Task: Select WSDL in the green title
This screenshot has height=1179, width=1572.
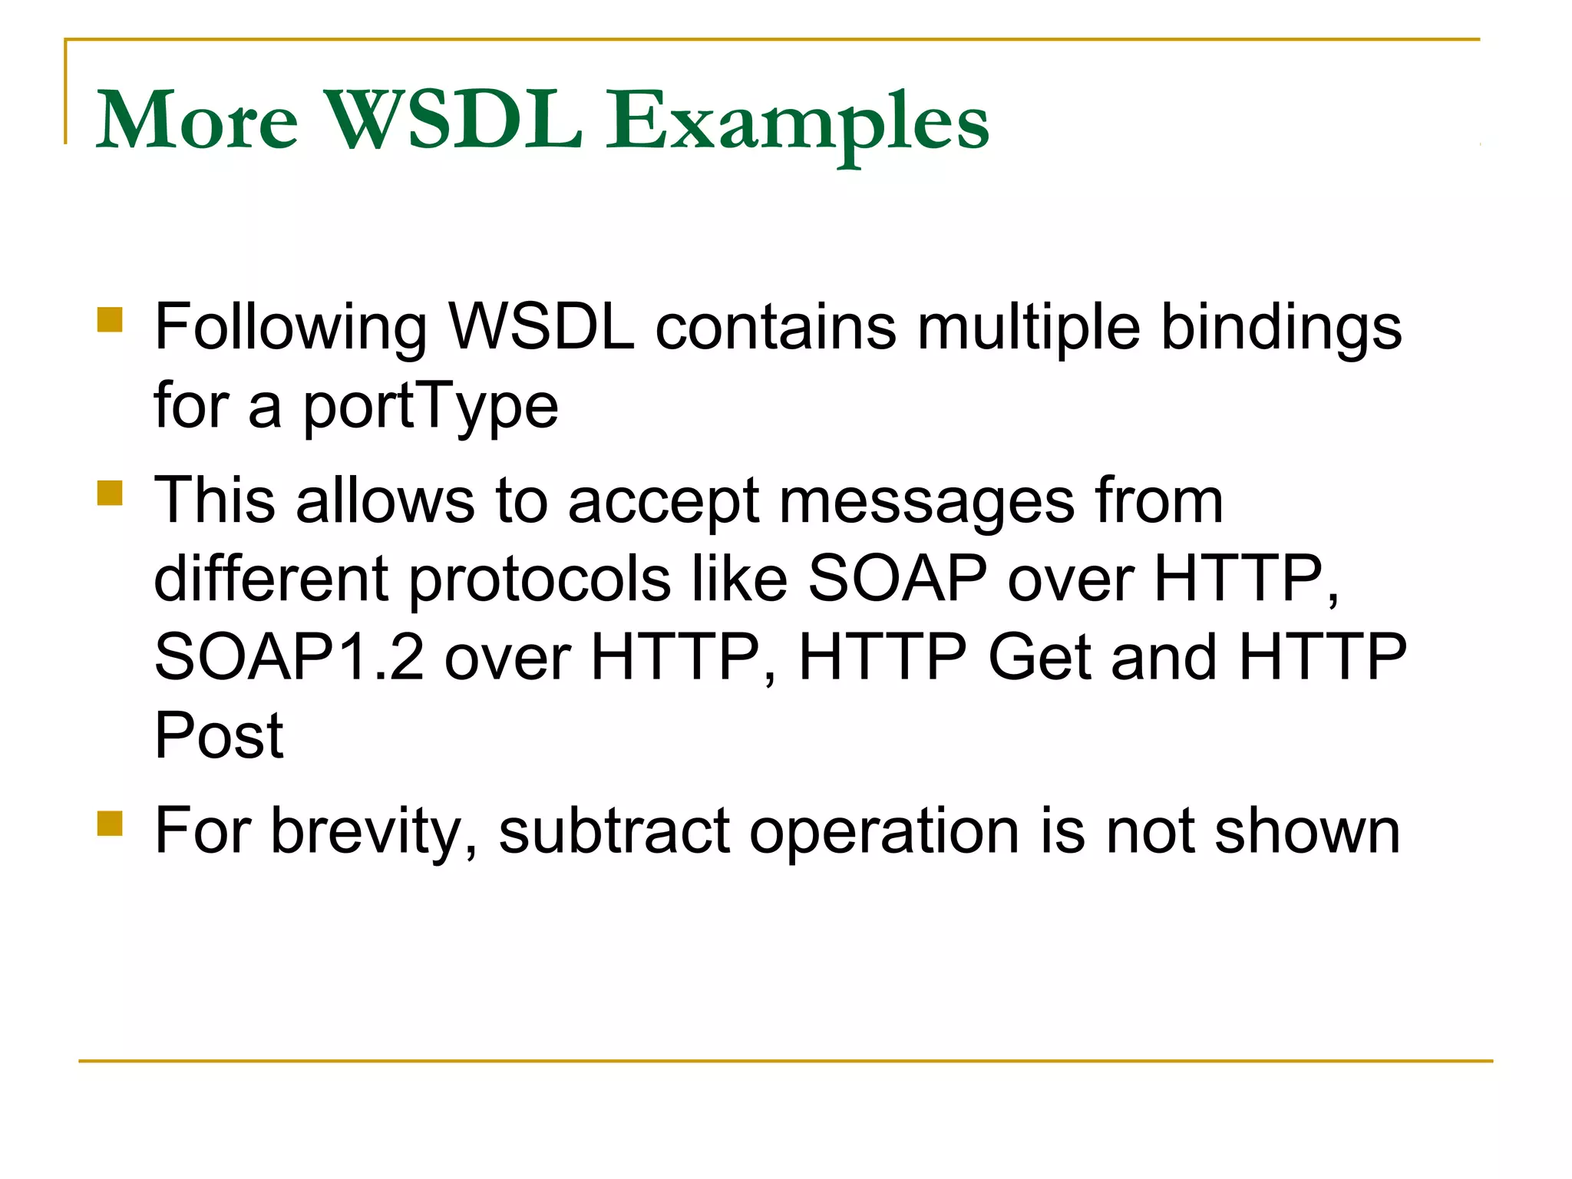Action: pos(454,121)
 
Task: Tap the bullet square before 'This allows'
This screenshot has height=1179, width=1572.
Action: pos(111,493)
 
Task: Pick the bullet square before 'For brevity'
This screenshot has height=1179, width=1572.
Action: pos(111,823)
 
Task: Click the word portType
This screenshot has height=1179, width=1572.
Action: pos(431,407)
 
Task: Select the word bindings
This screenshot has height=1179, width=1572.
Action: pos(1281,329)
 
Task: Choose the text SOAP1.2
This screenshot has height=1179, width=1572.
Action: pos(289,658)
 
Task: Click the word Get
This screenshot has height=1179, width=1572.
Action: pos(1039,658)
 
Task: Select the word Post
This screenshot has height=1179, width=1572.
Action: pos(219,736)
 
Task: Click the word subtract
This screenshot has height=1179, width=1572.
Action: pos(614,832)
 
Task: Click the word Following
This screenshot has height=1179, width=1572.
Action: pos(290,329)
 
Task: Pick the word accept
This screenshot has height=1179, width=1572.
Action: pos(663,504)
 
